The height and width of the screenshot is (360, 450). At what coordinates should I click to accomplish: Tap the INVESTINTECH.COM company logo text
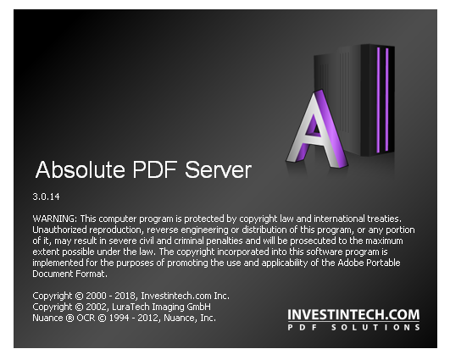pos(353,314)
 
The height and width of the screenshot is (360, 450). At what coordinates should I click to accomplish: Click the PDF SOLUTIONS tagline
pos(353,328)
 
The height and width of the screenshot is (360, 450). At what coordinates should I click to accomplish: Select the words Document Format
pos(69,274)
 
